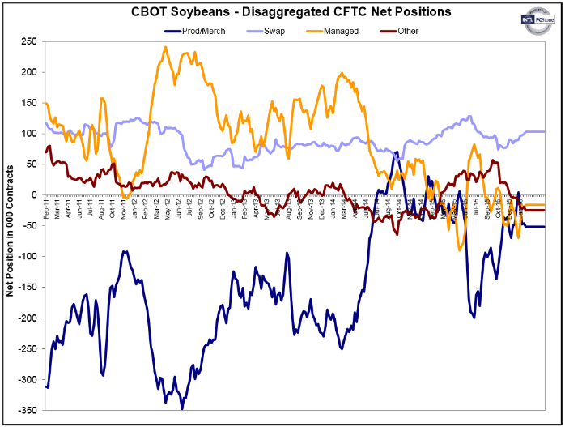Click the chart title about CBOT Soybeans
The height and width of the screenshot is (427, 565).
(279, 12)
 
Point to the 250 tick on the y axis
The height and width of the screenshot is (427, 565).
(29, 41)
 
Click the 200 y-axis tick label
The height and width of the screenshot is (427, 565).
(29, 71)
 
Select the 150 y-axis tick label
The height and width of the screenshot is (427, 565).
(29, 102)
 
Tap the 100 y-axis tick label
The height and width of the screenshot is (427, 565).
(29, 133)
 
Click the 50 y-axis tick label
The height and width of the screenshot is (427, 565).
(32, 164)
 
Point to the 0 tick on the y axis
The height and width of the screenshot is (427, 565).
(34, 194)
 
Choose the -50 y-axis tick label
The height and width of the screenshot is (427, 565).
(30, 225)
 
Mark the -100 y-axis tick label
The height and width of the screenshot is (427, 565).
(28, 256)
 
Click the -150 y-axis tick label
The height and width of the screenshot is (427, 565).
(28, 287)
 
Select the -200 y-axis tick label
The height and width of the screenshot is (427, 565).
(28, 318)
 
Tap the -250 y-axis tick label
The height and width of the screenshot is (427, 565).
(28, 348)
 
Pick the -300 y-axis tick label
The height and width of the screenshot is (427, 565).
(28, 379)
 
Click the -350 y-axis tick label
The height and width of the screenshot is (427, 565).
(28, 410)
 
